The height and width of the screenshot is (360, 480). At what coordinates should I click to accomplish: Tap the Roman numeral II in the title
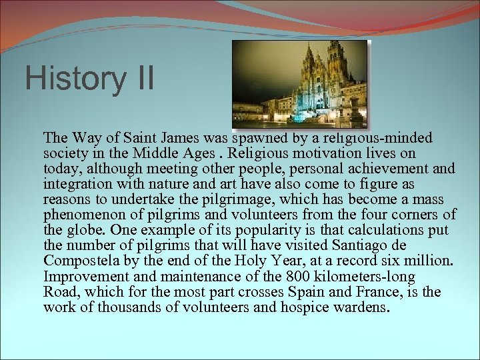pos(140,79)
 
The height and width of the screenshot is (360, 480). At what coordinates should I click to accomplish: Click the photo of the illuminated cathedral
pos(299,84)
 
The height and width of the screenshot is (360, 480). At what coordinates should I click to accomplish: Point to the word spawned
pos(261,138)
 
